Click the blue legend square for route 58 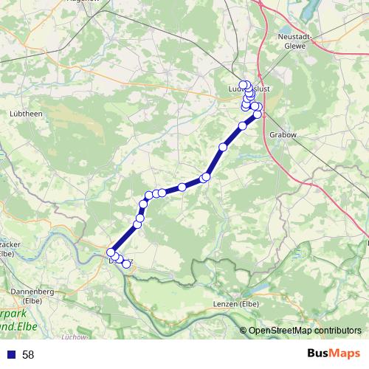pyautogui.click(x=9, y=354)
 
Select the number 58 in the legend pyautogui.click(x=28, y=354)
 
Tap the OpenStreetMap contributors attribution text pyautogui.click(x=305, y=331)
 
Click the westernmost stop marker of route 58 pyautogui.click(x=111, y=252)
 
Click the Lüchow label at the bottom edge pyautogui.click(x=75, y=337)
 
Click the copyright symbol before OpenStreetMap pyautogui.click(x=244, y=331)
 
